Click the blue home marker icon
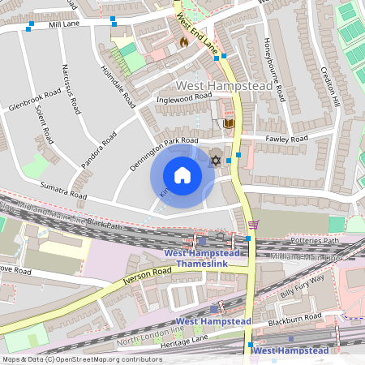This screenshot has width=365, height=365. click(x=182, y=175)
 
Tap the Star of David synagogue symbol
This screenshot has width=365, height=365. click(x=216, y=160)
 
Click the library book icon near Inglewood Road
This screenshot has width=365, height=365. click(x=229, y=123)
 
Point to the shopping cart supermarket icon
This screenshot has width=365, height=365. click(x=253, y=225)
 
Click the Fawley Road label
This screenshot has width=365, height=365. click(x=286, y=139)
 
